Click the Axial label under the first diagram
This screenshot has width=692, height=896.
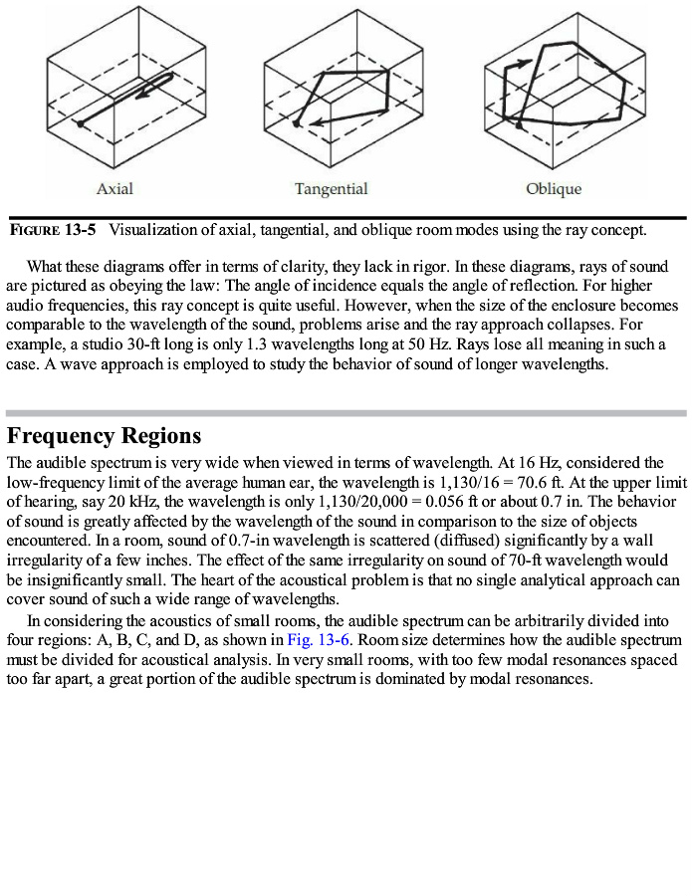tap(115, 188)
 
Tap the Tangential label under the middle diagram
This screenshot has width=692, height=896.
tap(331, 188)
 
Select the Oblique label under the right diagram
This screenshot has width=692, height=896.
tap(554, 188)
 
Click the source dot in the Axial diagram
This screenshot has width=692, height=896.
tap(80, 123)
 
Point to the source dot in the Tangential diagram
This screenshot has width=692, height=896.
tap(298, 123)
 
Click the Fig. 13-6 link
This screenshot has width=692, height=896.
tap(318, 639)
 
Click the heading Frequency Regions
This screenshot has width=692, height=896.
tap(104, 436)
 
